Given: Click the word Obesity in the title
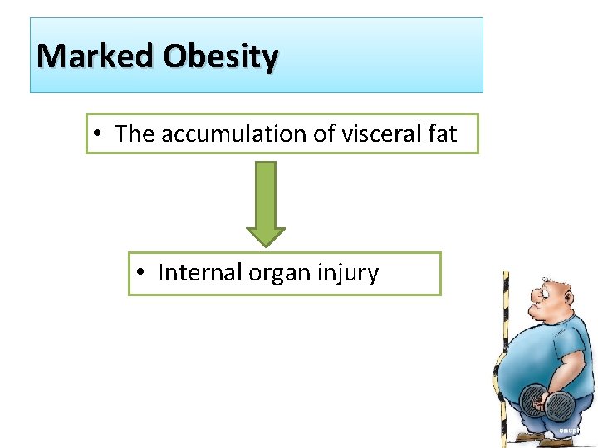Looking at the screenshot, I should pyautogui.click(x=220, y=56).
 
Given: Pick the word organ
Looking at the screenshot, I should pyautogui.click(x=277, y=273).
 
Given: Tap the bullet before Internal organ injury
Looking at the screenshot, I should pyautogui.click(x=145, y=273).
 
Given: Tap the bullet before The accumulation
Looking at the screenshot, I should pyautogui.click(x=98, y=134).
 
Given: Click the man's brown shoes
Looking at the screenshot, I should pyautogui.click(x=532, y=438).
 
